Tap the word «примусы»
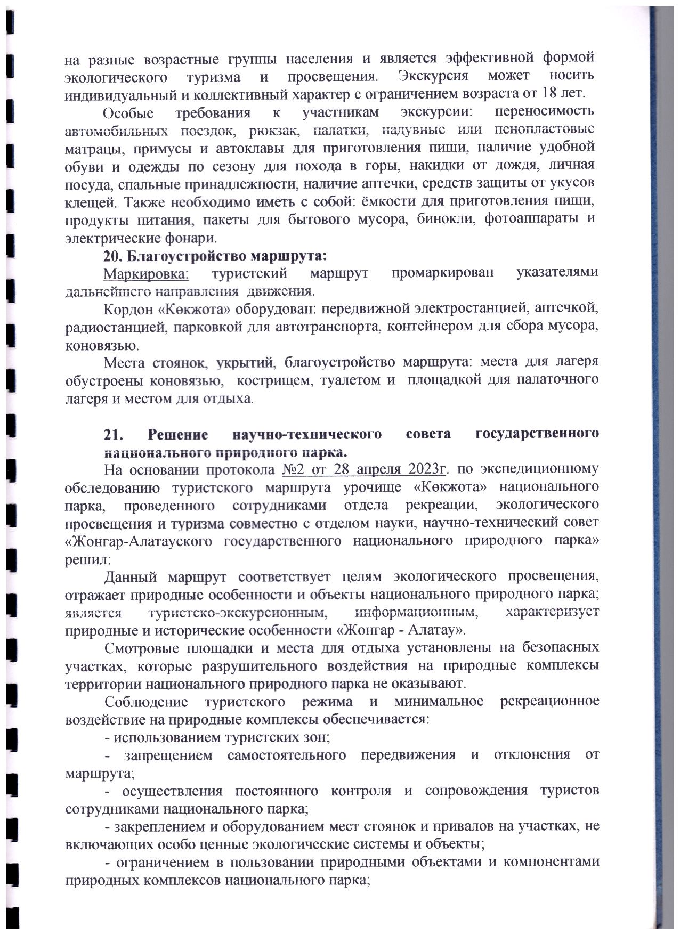tap(156, 149)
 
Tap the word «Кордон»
tap(126, 310)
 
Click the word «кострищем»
tap(270, 381)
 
